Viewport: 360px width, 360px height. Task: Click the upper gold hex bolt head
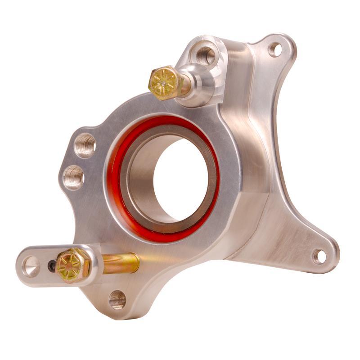point(164,83)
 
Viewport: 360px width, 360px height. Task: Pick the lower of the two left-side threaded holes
point(73,177)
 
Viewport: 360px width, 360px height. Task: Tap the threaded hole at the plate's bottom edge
point(117,299)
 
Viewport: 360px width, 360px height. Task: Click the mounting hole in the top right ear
point(275,49)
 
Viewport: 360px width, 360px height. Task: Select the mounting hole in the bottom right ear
point(319,256)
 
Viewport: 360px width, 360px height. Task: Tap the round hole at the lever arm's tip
point(31,265)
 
